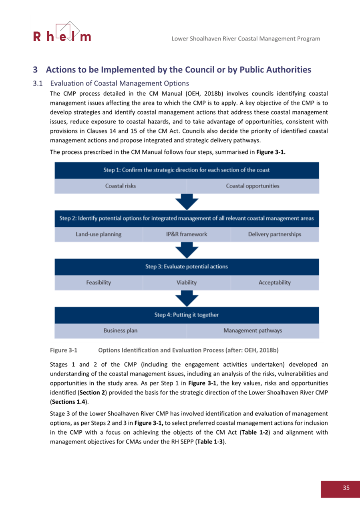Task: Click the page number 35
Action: click(x=346, y=488)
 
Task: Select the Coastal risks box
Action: click(x=120, y=186)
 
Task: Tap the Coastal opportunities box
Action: click(x=252, y=186)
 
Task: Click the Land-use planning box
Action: click(x=99, y=234)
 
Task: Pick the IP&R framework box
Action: click(x=187, y=234)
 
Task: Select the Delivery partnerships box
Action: click(x=274, y=234)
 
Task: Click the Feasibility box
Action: click(x=99, y=282)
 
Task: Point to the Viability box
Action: click(x=187, y=282)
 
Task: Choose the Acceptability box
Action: click(x=274, y=282)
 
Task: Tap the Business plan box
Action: click(x=120, y=331)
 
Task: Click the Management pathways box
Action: click(x=252, y=331)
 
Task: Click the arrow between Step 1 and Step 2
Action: click(x=187, y=202)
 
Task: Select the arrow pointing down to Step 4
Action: click(x=187, y=299)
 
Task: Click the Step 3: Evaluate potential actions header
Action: click(x=187, y=266)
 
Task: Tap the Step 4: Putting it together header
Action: click(x=187, y=315)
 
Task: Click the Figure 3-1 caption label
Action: click(x=63, y=350)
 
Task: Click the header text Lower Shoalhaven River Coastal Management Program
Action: click(x=245, y=38)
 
